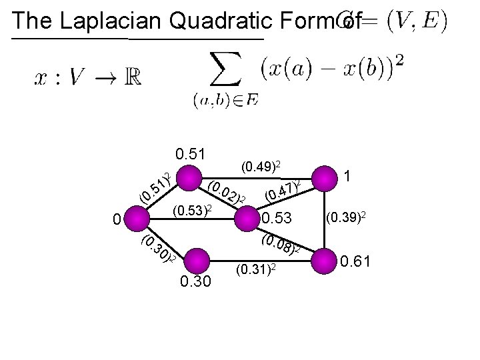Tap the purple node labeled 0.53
click(x=246, y=217)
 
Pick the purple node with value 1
click(x=325, y=179)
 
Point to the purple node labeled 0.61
click(x=325, y=258)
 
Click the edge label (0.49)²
click(x=264, y=164)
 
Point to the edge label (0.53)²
click(x=191, y=212)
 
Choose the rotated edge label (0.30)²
click(x=159, y=249)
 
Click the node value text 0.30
click(x=197, y=282)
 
